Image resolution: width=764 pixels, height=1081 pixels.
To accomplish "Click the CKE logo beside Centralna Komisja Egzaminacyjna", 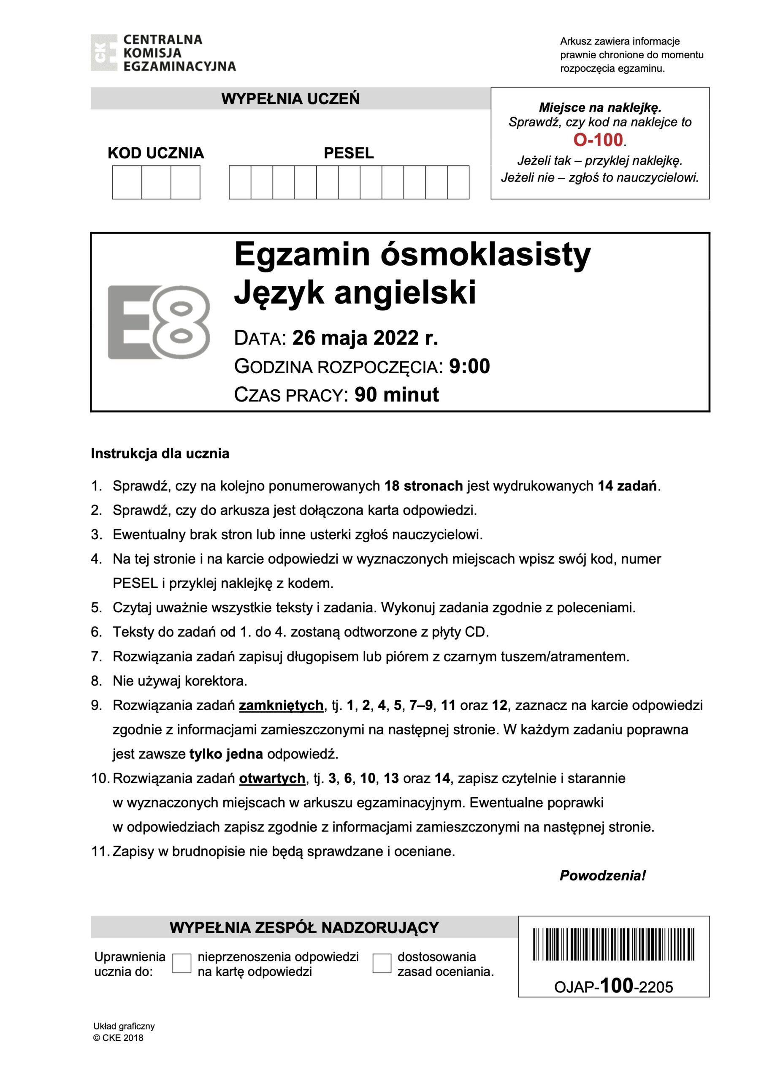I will pos(103,53).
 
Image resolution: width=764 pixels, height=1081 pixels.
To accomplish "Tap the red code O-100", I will pos(598,140).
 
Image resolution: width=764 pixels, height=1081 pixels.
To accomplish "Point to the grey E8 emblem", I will pos(159,322).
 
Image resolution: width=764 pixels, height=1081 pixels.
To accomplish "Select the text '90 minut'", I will pos(396,394).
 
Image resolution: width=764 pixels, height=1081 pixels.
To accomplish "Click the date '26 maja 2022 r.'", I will pos(365,338).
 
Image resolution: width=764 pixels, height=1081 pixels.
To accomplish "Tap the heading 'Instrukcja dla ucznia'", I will pos(160,454).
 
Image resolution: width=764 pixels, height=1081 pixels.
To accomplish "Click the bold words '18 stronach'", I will pos(423,486).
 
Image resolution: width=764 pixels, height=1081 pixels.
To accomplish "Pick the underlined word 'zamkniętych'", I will pos(281,705).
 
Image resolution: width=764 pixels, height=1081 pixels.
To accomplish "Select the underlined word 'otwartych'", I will pos(272,778).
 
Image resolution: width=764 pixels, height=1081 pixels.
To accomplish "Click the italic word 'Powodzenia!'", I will pos(602,876).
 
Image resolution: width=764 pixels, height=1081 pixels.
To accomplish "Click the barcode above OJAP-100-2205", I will pos(613,945).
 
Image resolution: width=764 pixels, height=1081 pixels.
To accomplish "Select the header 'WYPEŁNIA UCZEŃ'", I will pos(290,99).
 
